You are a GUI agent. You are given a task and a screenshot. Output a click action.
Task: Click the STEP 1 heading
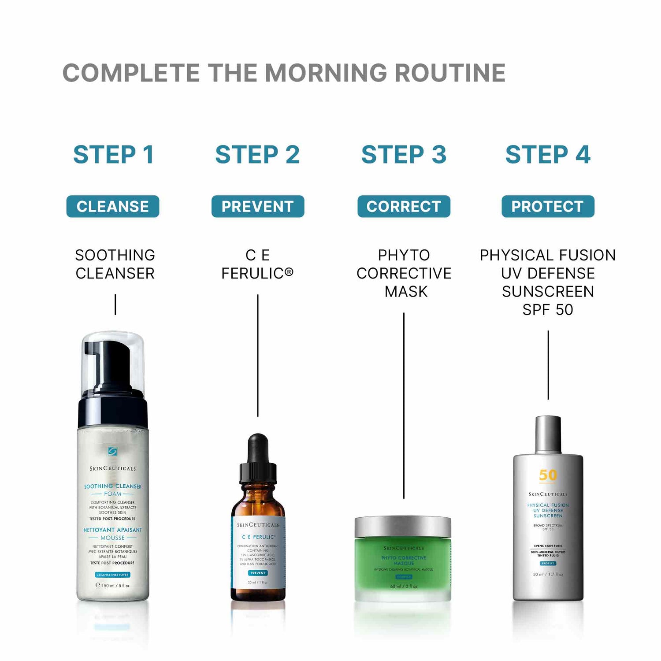pyautogui.click(x=113, y=155)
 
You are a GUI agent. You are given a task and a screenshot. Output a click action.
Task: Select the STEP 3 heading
pyautogui.click(x=404, y=155)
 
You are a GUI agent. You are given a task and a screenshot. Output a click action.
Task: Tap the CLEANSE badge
pyautogui.click(x=113, y=206)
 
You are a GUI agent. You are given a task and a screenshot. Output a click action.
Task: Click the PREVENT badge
pyautogui.click(x=258, y=206)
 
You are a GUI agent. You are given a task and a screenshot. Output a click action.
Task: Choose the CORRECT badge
pyautogui.click(x=404, y=206)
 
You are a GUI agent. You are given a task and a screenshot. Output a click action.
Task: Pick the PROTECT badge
pyautogui.click(x=548, y=206)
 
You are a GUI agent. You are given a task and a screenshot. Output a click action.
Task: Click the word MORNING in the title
pyautogui.click(x=327, y=73)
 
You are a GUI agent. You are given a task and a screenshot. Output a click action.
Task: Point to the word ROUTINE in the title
pyautogui.click(x=450, y=73)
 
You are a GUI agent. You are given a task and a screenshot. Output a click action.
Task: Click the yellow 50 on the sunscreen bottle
pyautogui.click(x=548, y=475)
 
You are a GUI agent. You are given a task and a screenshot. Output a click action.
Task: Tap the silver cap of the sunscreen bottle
pyautogui.click(x=548, y=434)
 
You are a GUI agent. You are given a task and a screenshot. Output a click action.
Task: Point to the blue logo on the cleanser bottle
pyautogui.click(x=113, y=451)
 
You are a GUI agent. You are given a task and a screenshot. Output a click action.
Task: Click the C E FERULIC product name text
pyautogui.click(x=257, y=264)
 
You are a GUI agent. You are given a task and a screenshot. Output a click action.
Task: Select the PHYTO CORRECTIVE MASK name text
pyautogui.click(x=404, y=273)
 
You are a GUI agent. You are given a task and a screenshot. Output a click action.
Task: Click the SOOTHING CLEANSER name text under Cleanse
pyautogui.click(x=115, y=264)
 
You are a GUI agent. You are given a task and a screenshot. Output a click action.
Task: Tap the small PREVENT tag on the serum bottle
pyautogui.click(x=258, y=573)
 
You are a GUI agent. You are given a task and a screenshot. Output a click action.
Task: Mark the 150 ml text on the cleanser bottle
pyautogui.click(x=113, y=586)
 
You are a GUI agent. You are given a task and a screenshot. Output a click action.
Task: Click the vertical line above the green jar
pyautogui.click(x=404, y=405)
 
